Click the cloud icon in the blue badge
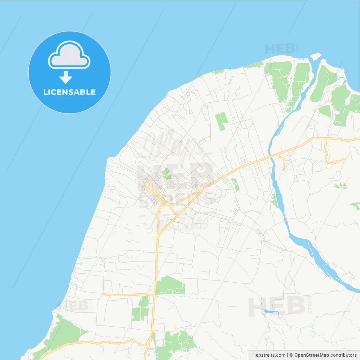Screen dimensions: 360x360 point(69,55)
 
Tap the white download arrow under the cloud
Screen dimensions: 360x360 point(66,77)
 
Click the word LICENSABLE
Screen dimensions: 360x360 point(69,92)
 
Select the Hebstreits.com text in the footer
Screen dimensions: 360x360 point(269,355)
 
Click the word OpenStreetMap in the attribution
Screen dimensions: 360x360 point(311,355)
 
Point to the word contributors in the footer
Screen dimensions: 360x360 point(343,355)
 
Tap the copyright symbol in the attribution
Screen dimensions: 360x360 point(291,355)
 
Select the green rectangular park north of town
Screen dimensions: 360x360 point(221,121)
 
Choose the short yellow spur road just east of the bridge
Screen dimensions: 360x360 point(282,161)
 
